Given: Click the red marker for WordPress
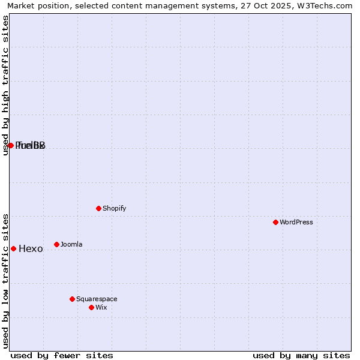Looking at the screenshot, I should click(275, 222).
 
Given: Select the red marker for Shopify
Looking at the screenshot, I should click(98, 208).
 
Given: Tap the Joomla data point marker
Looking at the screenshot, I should click(56, 244).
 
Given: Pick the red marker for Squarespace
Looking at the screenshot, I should click(72, 299).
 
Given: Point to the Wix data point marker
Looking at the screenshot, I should click(91, 307).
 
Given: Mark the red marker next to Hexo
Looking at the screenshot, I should click(13, 248).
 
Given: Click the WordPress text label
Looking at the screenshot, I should click(296, 222).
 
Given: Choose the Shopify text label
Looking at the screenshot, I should click(114, 208).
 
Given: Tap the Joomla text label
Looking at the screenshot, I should click(71, 244).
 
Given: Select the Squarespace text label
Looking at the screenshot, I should click(97, 299).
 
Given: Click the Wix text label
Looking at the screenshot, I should click(101, 307).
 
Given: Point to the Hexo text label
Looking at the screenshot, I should click(31, 249).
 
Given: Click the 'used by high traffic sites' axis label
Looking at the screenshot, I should click(5, 85).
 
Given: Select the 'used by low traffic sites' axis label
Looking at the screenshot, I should click(5, 280).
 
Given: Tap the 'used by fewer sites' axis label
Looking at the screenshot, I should click(62, 355).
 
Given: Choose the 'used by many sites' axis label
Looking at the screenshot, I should click(301, 355).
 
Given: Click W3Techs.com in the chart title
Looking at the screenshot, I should click(325, 6).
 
